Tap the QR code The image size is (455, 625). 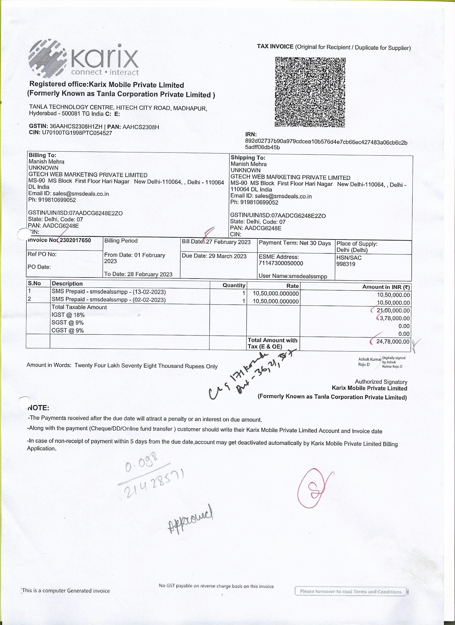[x=310, y=92]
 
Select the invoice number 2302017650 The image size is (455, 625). [x=75, y=240]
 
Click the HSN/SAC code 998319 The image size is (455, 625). [x=346, y=264]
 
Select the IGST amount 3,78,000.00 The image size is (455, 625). [x=394, y=318]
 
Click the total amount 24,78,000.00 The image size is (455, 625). [x=393, y=342]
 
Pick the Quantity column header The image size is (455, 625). [x=234, y=286]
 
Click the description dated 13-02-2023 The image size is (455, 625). [x=109, y=292]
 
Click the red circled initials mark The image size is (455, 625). [x=314, y=488]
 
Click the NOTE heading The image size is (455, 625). [x=38, y=408]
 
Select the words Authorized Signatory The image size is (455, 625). [x=381, y=382]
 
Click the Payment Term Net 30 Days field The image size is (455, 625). [x=295, y=243]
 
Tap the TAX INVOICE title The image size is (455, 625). [x=275, y=47]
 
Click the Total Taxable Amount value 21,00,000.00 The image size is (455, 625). [x=393, y=311]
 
